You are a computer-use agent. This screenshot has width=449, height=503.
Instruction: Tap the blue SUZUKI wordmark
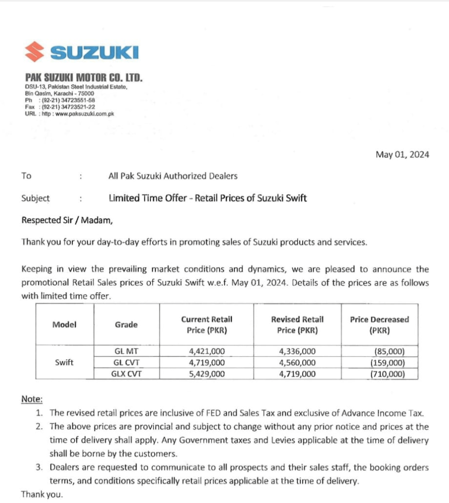coord(94,52)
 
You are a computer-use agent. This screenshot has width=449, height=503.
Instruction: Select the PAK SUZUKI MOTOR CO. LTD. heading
coord(84,78)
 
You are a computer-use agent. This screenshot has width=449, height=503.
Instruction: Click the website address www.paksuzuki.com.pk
coord(86,114)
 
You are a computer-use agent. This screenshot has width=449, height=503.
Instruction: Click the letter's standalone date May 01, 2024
coord(402,155)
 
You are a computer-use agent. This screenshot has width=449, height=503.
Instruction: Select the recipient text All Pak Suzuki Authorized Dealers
coord(172,176)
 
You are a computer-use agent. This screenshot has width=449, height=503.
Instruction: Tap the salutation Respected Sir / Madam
coord(67,220)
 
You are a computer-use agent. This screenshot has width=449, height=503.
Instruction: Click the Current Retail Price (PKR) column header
coord(206,325)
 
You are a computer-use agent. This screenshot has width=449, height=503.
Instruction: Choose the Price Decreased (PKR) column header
coord(379,325)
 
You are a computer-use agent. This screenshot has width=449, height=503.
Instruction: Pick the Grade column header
coord(126,325)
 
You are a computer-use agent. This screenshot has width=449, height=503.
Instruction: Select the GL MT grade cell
coord(126,351)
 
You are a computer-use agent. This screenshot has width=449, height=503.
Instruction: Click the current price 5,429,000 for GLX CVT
coord(207,374)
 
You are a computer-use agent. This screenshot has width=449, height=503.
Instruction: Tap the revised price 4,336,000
coord(297,351)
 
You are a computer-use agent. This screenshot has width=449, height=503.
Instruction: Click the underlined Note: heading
coord(32,399)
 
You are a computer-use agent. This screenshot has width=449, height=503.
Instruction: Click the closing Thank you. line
coord(42,494)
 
